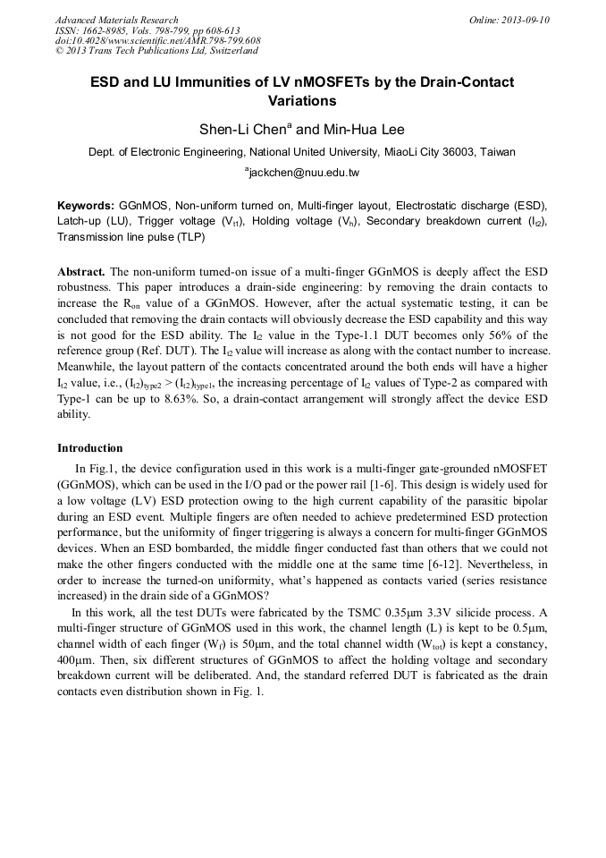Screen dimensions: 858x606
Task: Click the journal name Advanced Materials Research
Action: pos(116,20)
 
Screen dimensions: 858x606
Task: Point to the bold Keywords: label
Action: pos(85,205)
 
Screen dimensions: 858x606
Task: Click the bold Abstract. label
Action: pos(81,271)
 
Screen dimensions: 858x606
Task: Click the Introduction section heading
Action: pos(89,448)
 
